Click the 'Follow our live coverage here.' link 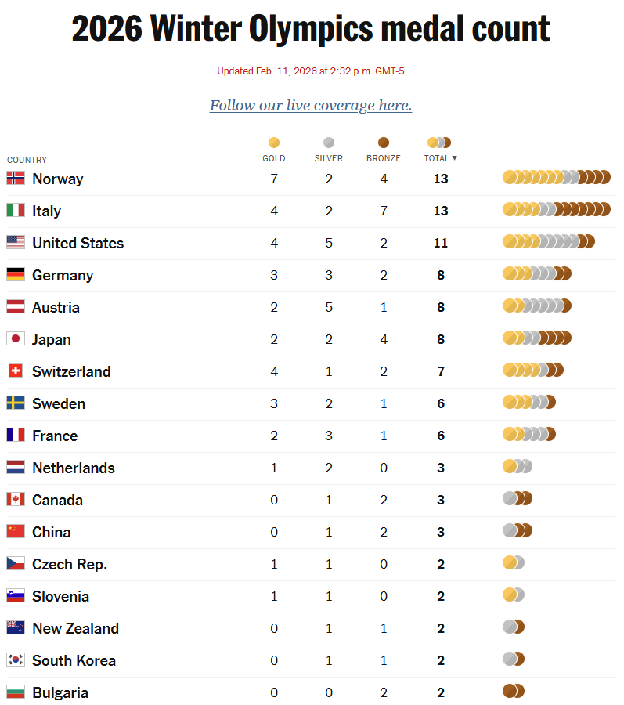[x=311, y=106]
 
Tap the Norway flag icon [x=16, y=179]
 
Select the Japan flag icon [x=16, y=339]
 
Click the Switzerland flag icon [x=16, y=371]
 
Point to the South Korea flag [x=16, y=660]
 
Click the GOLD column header [x=274, y=157]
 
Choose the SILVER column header [x=329, y=157]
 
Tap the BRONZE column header [x=384, y=157]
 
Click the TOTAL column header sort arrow [x=454, y=158]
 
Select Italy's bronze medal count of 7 [x=384, y=211]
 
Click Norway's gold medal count [x=274, y=179]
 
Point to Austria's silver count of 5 [x=329, y=307]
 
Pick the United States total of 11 [x=441, y=243]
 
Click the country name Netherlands [x=74, y=468]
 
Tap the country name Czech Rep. [x=70, y=564]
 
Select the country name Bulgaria [x=60, y=692]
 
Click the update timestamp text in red [x=311, y=71]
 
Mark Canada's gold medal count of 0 [x=274, y=500]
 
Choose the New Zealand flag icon [x=16, y=628]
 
